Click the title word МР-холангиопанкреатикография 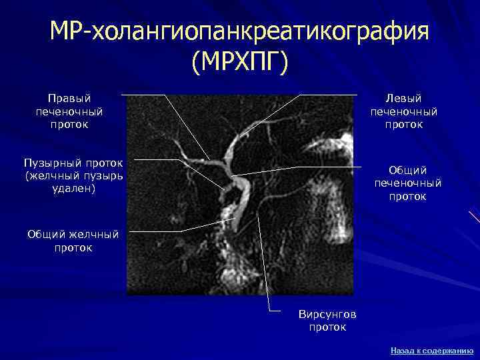point(239,33)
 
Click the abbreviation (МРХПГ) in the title point(239,63)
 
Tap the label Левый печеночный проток point(404,111)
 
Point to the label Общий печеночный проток point(408,183)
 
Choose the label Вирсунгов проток point(327,321)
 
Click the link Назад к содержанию point(432,350)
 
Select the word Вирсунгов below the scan point(327,314)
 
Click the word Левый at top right point(404,98)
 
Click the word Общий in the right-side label point(408,171)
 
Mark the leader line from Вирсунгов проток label point(263,267)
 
